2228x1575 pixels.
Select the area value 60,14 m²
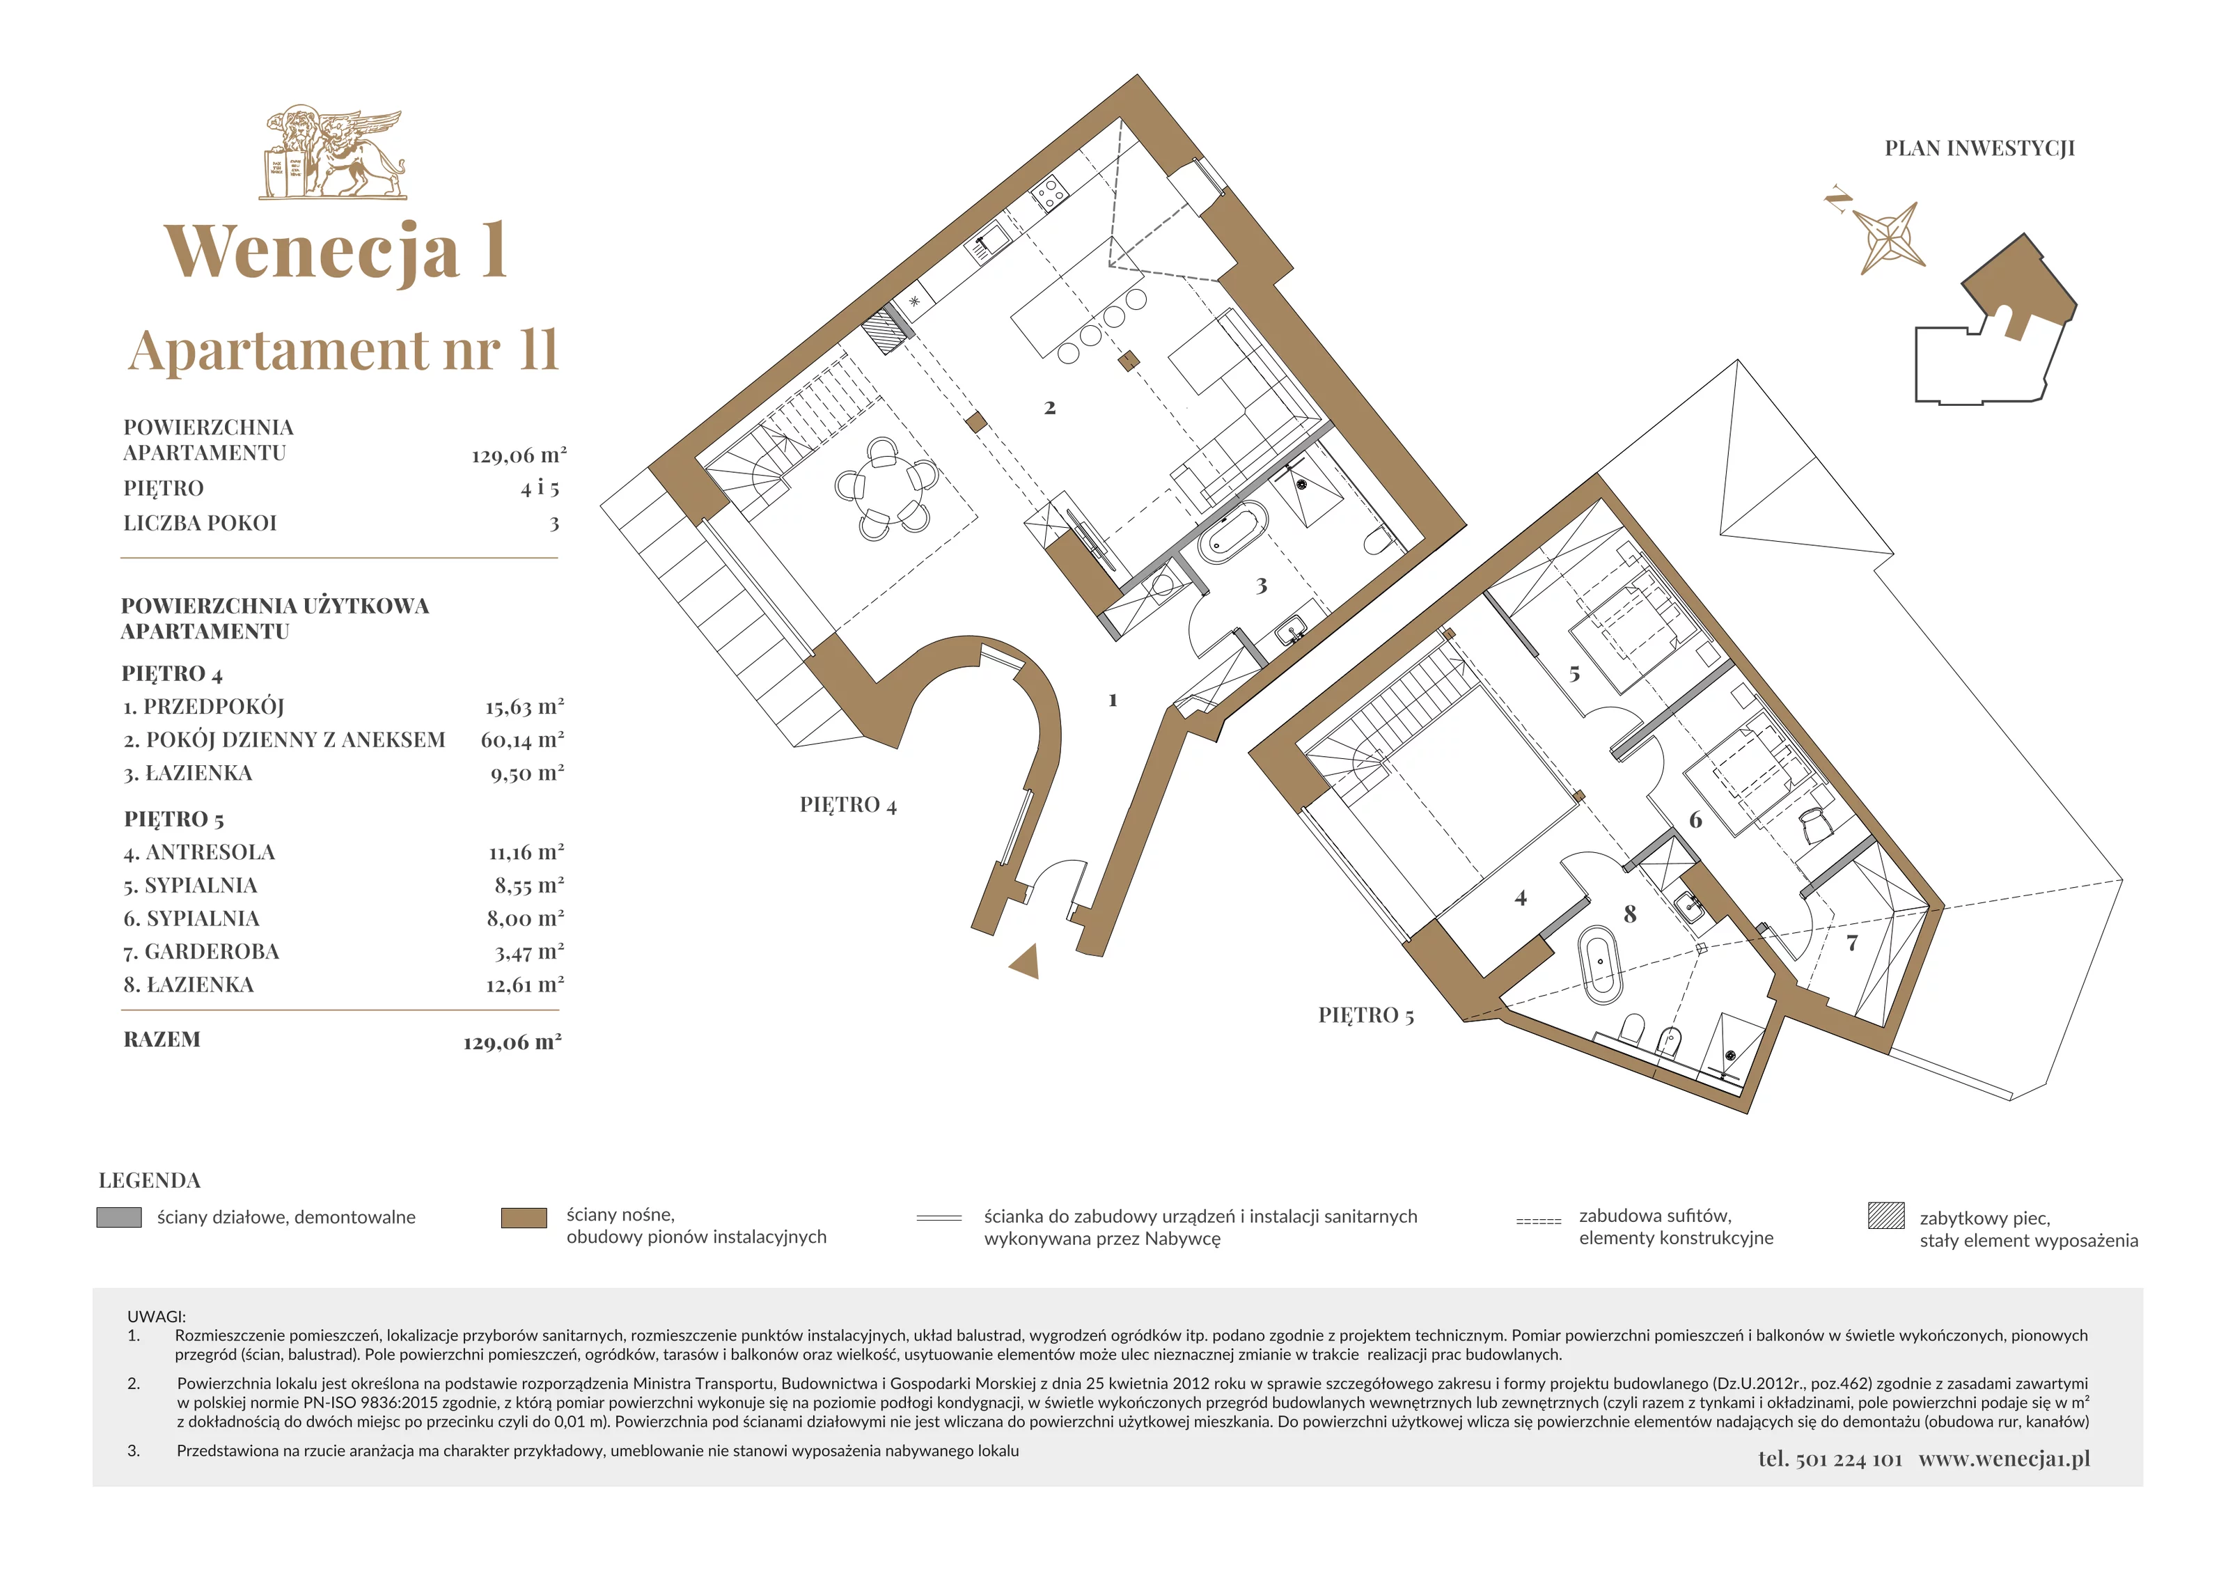(x=522, y=739)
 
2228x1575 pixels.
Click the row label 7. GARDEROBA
(x=202, y=951)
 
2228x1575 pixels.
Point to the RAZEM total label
(x=162, y=1040)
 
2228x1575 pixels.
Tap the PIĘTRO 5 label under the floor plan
(x=1366, y=1015)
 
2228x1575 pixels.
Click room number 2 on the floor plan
(x=1050, y=407)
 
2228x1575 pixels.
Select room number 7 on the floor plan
(x=1851, y=942)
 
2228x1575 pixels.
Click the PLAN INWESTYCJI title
(x=1979, y=148)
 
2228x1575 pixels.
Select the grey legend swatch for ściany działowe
(x=119, y=1217)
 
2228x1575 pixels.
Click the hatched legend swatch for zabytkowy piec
(x=1885, y=1215)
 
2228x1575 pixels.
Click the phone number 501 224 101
(x=1849, y=1459)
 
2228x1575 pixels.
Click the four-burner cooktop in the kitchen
(x=1049, y=195)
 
